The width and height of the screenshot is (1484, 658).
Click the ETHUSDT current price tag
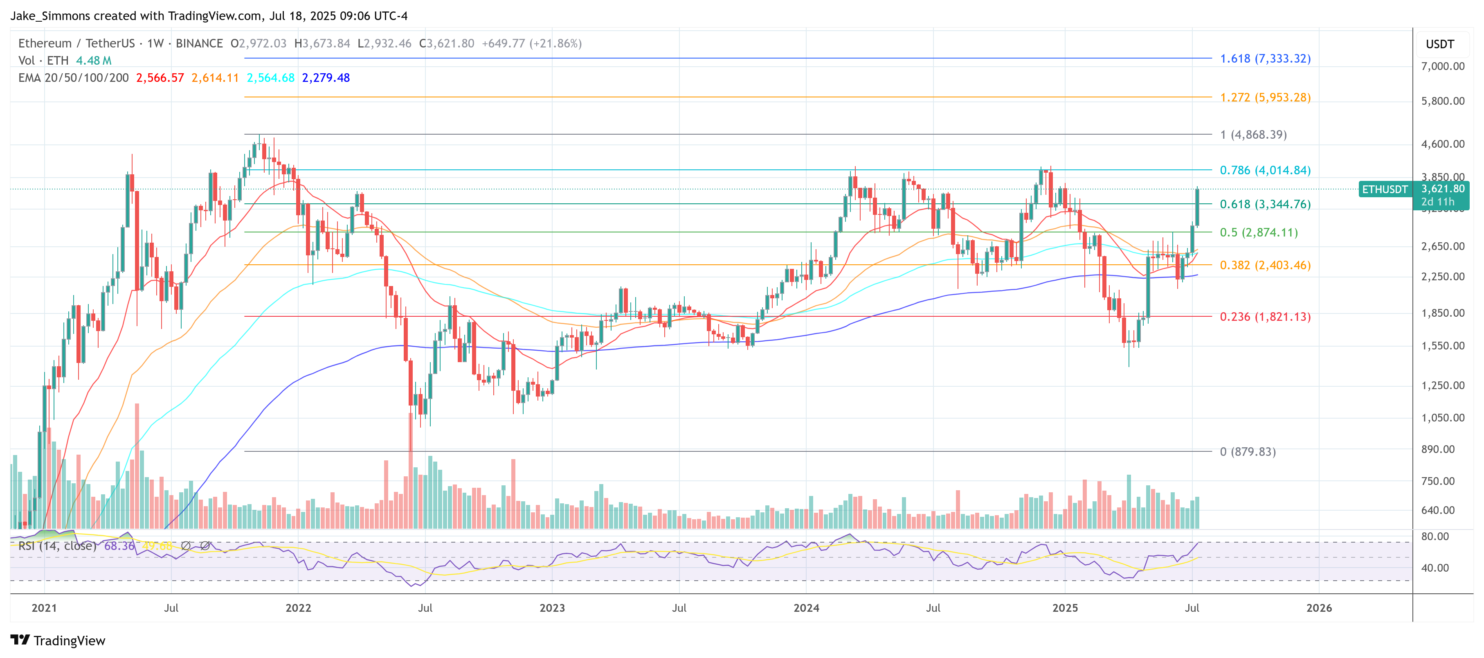pyautogui.click(x=1384, y=189)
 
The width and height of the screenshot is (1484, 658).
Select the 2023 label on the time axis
pyautogui.click(x=552, y=608)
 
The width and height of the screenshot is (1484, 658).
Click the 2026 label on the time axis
pyautogui.click(x=1319, y=608)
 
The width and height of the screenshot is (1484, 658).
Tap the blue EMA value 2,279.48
pyautogui.click(x=326, y=78)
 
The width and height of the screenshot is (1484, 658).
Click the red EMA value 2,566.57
pyautogui.click(x=160, y=78)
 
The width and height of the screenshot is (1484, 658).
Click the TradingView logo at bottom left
pyautogui.click(x=58, y=641)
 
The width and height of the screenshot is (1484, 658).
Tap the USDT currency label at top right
pyautogui.click(x=1440, y=44)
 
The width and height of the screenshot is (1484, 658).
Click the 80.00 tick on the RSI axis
pyautogui.click(x=1435, y=536)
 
